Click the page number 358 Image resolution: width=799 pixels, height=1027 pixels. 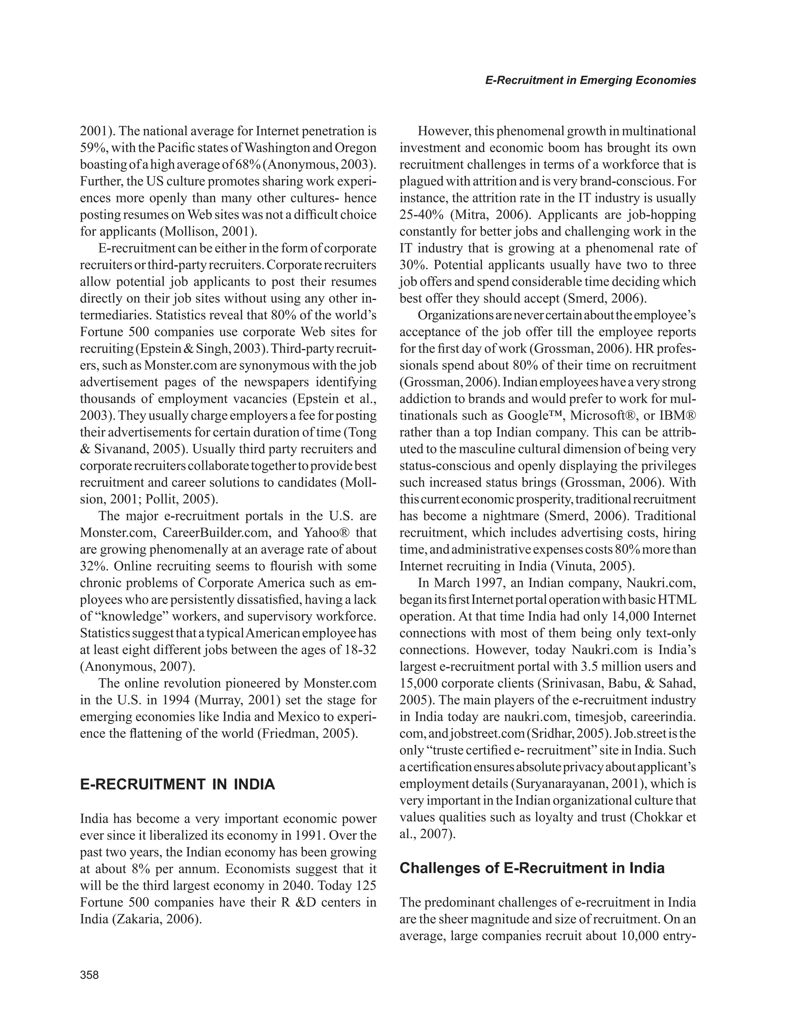tap(89, 975)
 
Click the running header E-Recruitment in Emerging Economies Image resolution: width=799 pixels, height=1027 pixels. tap(590, 80)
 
